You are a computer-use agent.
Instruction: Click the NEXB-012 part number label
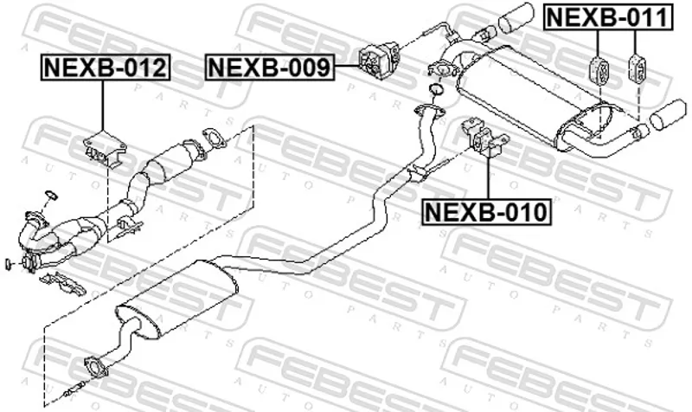coord(106,68)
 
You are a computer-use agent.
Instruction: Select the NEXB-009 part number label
coord(269,68)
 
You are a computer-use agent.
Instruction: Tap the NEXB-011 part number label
coord(609,17)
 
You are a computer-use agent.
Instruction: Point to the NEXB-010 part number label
coord(486,212)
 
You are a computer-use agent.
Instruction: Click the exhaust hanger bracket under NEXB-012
coord(105,148)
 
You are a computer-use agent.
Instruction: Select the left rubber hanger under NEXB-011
coord(599,70)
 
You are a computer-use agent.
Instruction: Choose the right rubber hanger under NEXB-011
coord(637,68)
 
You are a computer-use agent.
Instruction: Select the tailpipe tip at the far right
coord(668,116)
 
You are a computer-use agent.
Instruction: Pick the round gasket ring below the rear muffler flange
coord(437,88)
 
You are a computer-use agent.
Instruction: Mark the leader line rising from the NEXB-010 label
coord(489,177)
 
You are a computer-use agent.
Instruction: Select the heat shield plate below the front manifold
coord(62,285)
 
